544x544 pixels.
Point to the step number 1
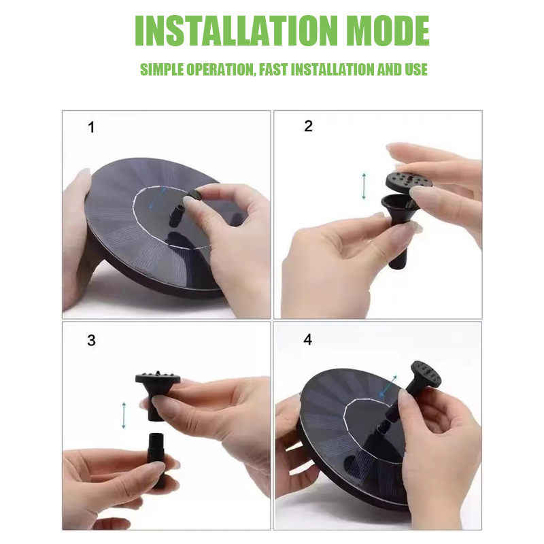[x=91, y=127]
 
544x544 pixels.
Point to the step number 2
[x=308, y=126]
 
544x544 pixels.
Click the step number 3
[x=91, y=340]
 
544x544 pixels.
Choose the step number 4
[x=308, y=339]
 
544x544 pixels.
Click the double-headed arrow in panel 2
[x=364, y=186]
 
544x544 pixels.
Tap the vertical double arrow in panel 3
[x=124, y=415]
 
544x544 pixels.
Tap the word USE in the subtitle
[x=415, y=69]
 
